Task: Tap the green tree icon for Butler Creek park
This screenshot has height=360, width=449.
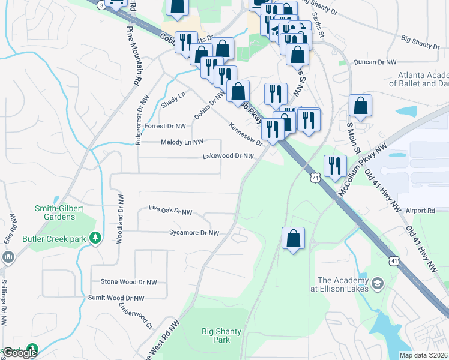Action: [95, 238]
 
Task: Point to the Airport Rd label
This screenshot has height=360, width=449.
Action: [420, 211]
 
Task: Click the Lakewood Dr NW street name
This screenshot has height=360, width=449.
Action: [228, 156]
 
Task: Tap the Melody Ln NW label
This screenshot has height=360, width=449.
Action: [182, 142]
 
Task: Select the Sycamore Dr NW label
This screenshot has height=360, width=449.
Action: [194, 232]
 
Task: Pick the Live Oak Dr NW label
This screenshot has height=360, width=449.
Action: [170, 211]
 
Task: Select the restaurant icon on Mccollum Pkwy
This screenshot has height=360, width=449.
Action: [334, 166]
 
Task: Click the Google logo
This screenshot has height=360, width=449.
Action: [20, 353]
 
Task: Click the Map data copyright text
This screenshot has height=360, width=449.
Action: [423, 355]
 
